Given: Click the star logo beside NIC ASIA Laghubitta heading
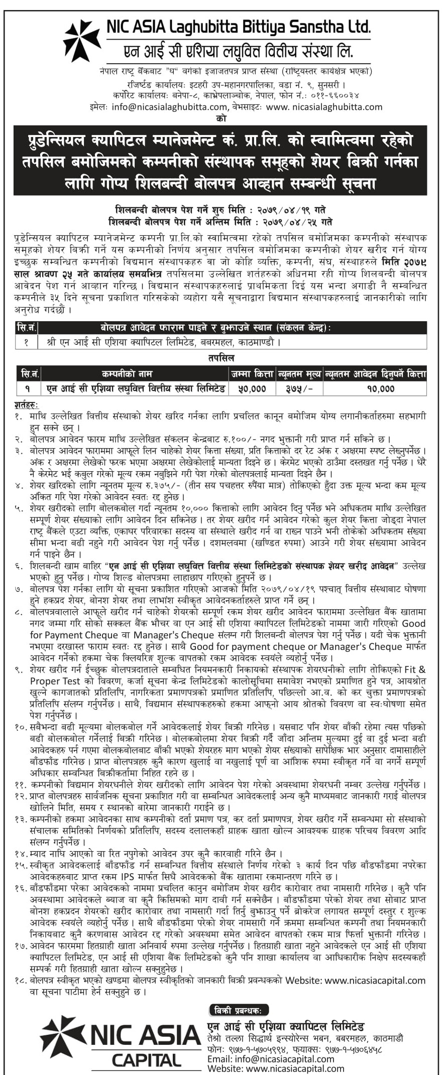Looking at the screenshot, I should pos(82,41).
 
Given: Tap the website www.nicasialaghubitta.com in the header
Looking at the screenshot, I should pos(324,107).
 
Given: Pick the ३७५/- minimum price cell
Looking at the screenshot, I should pos(299,388).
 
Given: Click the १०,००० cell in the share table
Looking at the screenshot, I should pos(375,388).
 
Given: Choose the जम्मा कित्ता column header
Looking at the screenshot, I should pos(252,374).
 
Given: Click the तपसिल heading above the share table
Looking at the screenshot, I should pos(221,358).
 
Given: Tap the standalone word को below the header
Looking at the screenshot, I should pos(221,119).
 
